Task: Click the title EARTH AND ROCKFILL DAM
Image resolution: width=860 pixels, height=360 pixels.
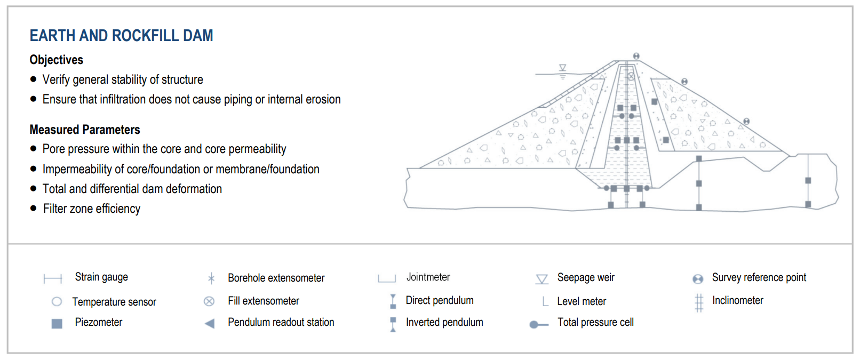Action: pyautogui.click(x=121, y=36)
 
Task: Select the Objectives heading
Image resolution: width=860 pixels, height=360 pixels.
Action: pyautogui.click(x=57, y=60)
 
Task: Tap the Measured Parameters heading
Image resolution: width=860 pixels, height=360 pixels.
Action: pyautogui.click(x=85, y=130)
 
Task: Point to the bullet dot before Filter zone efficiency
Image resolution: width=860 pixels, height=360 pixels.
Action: pyautogui.click(x=34, y=209)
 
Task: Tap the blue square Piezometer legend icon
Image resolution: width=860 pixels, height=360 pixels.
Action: pyautogui.click(x=57, y=323)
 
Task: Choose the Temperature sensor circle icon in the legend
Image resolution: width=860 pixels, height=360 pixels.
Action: pyautogui.click(x=57, y=302)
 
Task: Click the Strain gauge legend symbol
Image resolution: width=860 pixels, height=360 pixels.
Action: pyautogui.click(x=53, y=278)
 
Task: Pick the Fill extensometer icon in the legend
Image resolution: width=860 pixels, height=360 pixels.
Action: pyautogui.click(x=209, y=301)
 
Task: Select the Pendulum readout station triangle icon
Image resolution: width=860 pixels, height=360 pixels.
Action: pyautogui.click(x=210, y=323)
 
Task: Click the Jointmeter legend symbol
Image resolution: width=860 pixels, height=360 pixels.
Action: pyautogui.click(x=387, y=278)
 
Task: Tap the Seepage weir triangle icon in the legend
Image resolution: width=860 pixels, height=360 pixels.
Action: pyautogui.click(x=542, y=279)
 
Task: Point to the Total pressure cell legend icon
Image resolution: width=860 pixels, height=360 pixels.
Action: pyautogui.click(x=538, y=324)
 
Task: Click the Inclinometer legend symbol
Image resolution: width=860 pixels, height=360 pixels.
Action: pyautogui.click(x=699, y=302)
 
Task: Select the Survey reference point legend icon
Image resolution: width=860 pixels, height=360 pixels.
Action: pyautogui.click(x=698, y=279)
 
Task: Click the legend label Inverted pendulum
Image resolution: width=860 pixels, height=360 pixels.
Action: pyautogui.click(x=444, y=322)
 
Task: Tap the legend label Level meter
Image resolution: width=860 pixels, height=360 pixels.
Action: pyautogui.click(x=582, y=301)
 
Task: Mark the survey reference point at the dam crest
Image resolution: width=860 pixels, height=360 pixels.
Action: pyautogui.click(x=636, y=56)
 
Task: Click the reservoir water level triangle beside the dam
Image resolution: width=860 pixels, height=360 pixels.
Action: pyautogui.click(x=562, y=68)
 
